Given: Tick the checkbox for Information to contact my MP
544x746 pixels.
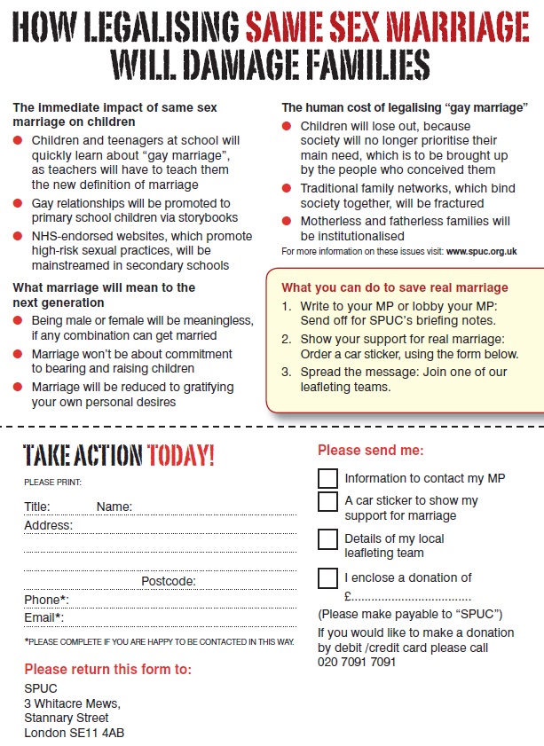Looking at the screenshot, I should point(327,478).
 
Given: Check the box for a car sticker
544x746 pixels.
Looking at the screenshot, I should point(327,502).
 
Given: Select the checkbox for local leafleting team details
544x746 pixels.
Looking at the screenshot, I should point(327,539).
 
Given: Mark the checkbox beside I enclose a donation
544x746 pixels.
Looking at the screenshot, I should point(327,578).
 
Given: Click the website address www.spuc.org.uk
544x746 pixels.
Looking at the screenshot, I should point(482,251).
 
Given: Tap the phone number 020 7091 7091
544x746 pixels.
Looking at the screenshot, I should point(357,661).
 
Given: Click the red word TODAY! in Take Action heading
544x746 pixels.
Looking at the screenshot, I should point(181,457).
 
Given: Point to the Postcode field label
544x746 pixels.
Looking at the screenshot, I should point(169,581).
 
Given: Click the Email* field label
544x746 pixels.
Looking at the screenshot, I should point(43,618).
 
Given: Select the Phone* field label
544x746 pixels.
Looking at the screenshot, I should point(46,600).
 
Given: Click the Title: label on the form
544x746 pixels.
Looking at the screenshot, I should point(37,506).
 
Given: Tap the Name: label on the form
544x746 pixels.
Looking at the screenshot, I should point(114,506).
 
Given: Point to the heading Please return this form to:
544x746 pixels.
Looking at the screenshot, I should point(107,669).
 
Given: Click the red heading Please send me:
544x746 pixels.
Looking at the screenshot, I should point(371,451).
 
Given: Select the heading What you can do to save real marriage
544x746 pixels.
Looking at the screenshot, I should point(395,287).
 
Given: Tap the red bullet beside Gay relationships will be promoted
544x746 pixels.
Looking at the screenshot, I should point(19,203).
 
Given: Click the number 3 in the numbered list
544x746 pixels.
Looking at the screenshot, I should point(286,373).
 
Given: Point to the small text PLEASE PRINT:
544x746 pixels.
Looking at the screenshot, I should point(52,482).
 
